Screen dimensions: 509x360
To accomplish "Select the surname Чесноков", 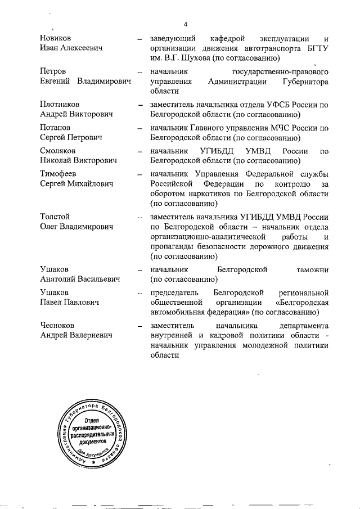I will tap(58, 326).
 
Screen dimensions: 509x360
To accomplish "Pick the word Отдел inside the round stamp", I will tap(93, 421).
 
